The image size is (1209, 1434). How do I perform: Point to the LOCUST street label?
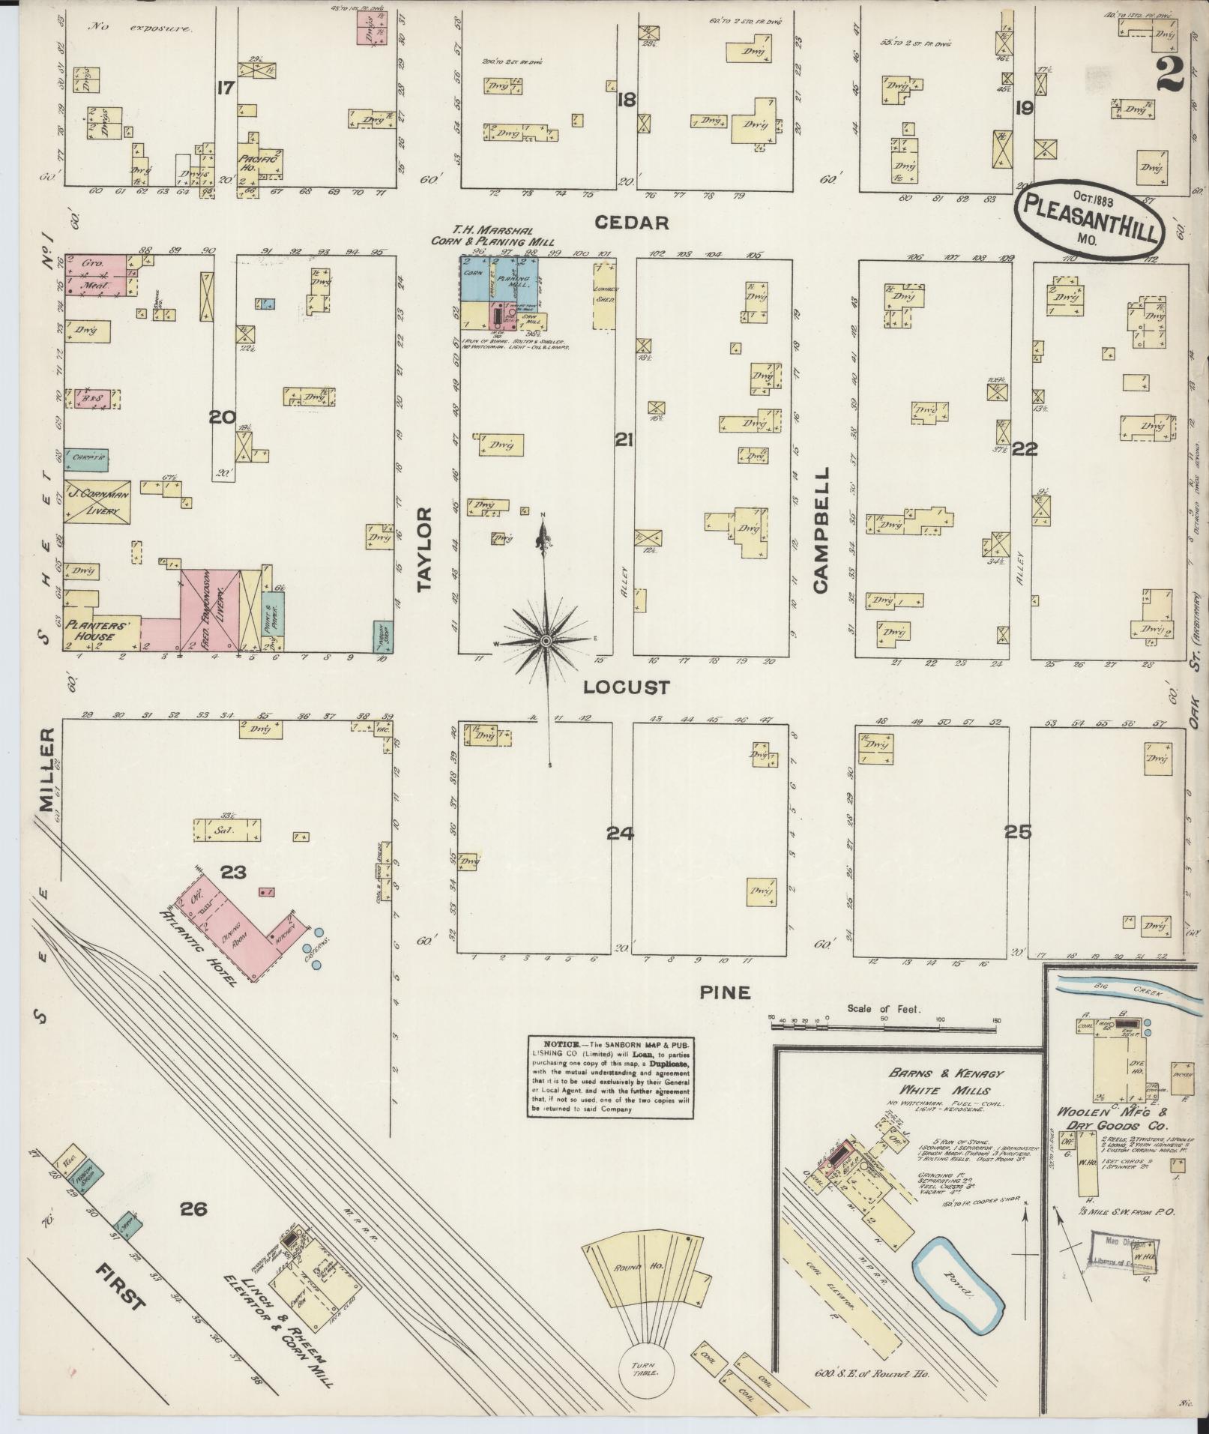tap(627, 687)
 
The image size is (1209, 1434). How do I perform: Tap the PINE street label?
tap(724, 992)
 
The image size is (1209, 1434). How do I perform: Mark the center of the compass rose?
tap(547, 641)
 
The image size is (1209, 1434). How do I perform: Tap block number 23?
tap(233, 872)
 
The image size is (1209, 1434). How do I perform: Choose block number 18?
tap(626, 99)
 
